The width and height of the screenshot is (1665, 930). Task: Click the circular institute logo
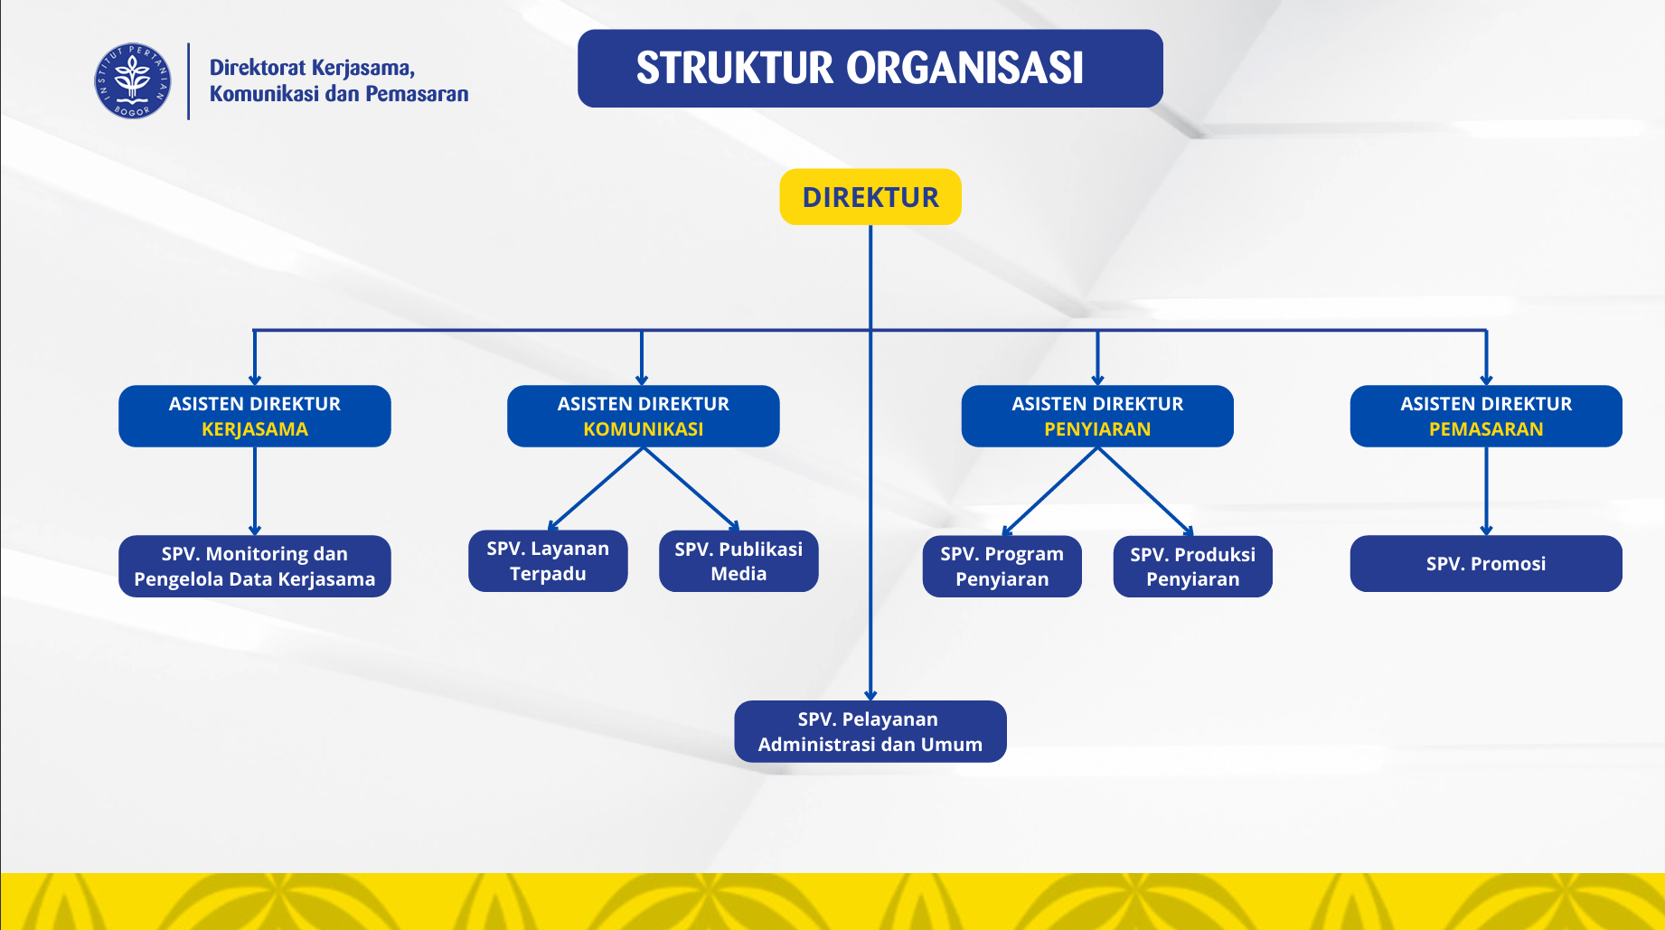(133, 81)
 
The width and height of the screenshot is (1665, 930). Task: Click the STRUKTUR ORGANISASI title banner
(870, 69)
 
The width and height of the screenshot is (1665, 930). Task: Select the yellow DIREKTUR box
(870, 197)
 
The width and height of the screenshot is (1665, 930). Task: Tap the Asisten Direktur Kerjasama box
(254, 416)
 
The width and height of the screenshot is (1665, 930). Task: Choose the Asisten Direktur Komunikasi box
(643, 416)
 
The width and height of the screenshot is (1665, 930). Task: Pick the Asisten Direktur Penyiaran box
(1096, 416)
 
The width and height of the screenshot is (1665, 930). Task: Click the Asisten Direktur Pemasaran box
(1485, 416)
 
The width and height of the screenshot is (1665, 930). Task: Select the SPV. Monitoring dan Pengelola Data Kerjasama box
(254, 566)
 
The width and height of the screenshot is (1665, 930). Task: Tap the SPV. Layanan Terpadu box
(548, 560)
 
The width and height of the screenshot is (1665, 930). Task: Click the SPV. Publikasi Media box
(738, 560)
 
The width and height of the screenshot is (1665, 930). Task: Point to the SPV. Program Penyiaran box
(1002, 566)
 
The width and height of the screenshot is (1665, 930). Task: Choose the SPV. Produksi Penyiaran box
(1192, 566)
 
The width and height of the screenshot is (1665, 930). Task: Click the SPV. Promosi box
(1485, 564)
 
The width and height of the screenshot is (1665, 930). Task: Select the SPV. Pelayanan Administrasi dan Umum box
(870, 731)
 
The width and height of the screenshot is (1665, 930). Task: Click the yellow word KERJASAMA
(254, 429)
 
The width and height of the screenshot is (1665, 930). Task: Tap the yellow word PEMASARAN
(1485, 429)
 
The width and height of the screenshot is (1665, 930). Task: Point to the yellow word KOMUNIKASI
(643, 429)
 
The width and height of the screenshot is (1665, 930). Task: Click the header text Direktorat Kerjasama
(312, 68)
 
